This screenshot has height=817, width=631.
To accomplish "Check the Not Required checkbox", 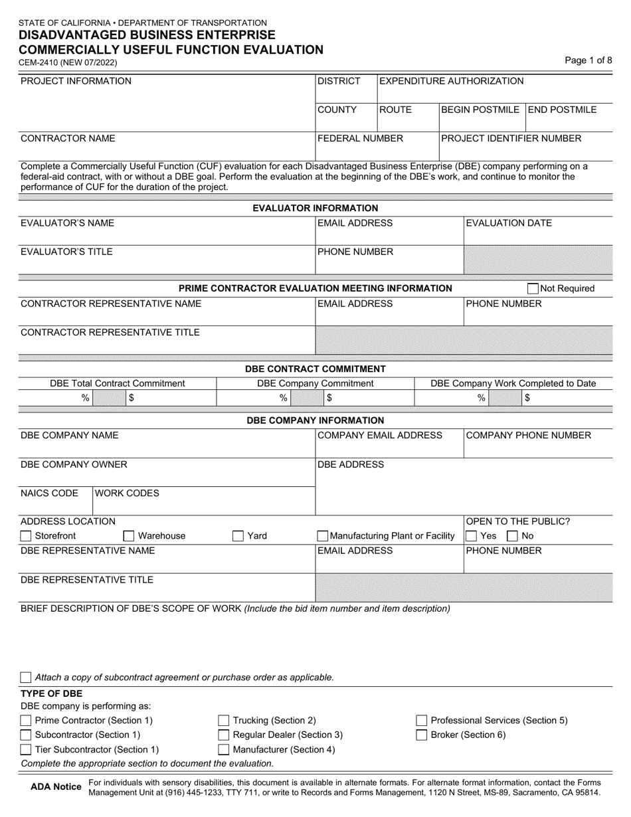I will point(533,288).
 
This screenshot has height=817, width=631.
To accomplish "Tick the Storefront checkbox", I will point(26,536).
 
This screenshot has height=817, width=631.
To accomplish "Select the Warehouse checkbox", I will point(129,536).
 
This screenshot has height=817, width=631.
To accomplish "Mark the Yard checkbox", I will point(238,536).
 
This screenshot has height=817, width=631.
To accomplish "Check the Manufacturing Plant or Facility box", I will point(323,536).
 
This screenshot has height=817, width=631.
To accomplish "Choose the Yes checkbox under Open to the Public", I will point(471,536).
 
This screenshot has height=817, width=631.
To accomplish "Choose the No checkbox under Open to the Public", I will point(513,536).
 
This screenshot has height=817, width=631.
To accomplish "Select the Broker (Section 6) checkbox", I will point(421,735).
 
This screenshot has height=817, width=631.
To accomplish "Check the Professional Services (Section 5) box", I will point(421,721).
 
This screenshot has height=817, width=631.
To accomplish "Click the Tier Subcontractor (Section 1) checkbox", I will point(26,750).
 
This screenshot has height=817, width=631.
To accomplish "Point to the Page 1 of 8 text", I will point(588,60).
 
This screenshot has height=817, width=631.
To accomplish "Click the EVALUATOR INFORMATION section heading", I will point(315,208).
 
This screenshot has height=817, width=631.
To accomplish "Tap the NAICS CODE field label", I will point(49,494).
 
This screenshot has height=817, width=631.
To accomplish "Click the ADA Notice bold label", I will point(56,787).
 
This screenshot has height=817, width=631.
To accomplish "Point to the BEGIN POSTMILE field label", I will point(480,110).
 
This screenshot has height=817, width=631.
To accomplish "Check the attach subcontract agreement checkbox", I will point(26,678).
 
